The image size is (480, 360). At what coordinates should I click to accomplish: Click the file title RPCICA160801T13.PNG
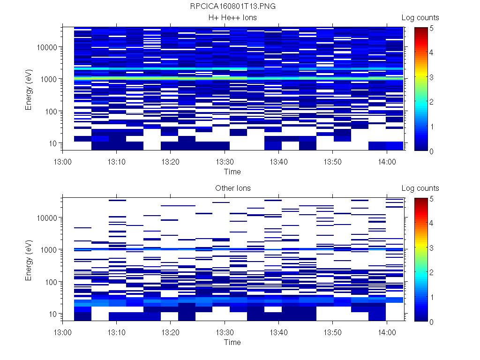coord(232,7)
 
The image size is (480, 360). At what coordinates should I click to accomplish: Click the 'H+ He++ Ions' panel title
coord(232,18)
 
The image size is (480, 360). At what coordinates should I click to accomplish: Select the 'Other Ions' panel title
coord(232,188)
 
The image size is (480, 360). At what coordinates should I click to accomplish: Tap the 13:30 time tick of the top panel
coord(225,161)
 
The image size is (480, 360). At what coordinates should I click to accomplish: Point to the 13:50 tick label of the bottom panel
coord(332,332)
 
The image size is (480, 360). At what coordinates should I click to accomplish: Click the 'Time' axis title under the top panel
coord(232,172)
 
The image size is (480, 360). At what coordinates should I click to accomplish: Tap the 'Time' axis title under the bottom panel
coord(232,342)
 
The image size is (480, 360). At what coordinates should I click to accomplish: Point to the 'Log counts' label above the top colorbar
coord(420,18)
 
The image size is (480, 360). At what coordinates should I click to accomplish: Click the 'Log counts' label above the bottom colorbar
coord(420,188)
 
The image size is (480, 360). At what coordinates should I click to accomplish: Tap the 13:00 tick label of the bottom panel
coord(63,332)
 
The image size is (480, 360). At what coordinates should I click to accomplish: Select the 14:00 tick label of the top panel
coord(386,161)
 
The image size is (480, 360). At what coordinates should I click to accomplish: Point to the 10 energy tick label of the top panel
coord(52,143)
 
